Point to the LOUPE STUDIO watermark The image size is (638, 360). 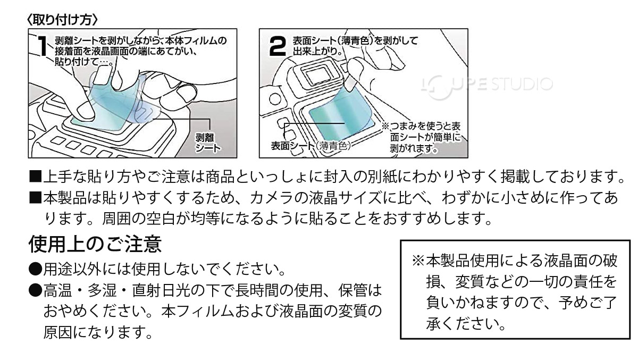pos(486,83)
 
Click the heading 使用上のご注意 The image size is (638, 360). pos(94,245)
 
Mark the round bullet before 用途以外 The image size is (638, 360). pos(35,269)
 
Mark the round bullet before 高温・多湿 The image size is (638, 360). pos(35,290)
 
